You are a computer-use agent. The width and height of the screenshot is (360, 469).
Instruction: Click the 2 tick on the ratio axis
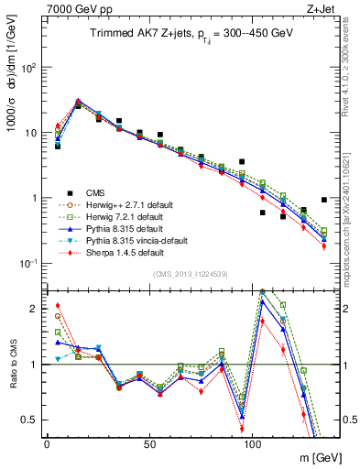coord(33,308)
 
